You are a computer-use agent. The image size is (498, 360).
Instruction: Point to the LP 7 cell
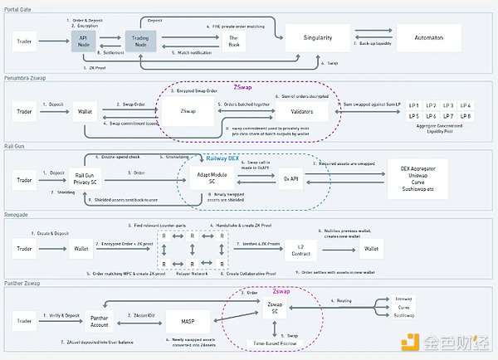pos(449,117)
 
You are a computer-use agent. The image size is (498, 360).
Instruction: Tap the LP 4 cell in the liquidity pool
pos(466,105)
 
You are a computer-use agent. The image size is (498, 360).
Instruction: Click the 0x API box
pos(290,178)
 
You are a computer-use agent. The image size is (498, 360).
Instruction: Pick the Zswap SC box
pos(274,309)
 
